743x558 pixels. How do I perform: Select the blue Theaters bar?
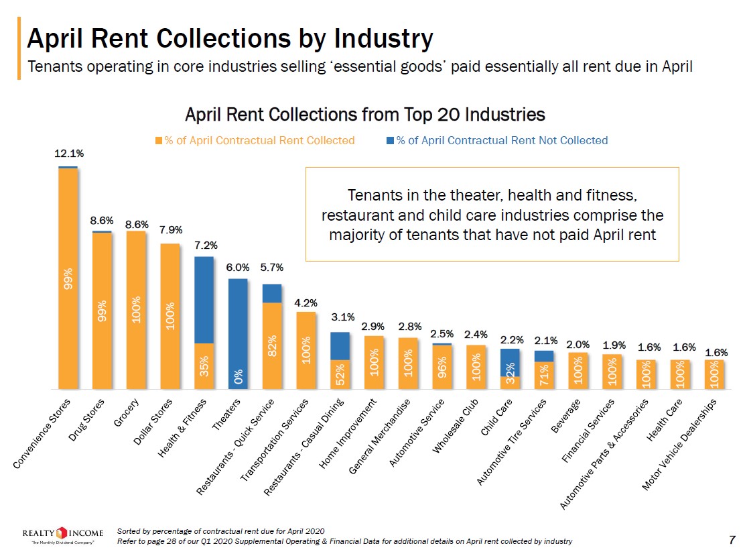[x=238, y=333]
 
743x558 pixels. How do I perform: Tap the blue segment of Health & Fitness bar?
[x=204, y=300]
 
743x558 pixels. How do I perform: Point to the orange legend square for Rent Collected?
[x=159, y=141]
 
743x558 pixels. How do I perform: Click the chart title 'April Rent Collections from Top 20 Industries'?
[x=364, y=115]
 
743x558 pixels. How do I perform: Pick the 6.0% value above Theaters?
[x=238, y=268]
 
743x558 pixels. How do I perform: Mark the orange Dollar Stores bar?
[x=170, y=315]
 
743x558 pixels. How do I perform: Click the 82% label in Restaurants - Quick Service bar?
[x=272, y=346]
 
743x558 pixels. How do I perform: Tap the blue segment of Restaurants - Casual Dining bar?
[x=340, y=346]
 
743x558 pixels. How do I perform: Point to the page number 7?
[x=732, y=539]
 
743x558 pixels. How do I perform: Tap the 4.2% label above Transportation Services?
[x=306, y=302]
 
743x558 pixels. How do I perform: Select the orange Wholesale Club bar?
[x=476, y=367]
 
